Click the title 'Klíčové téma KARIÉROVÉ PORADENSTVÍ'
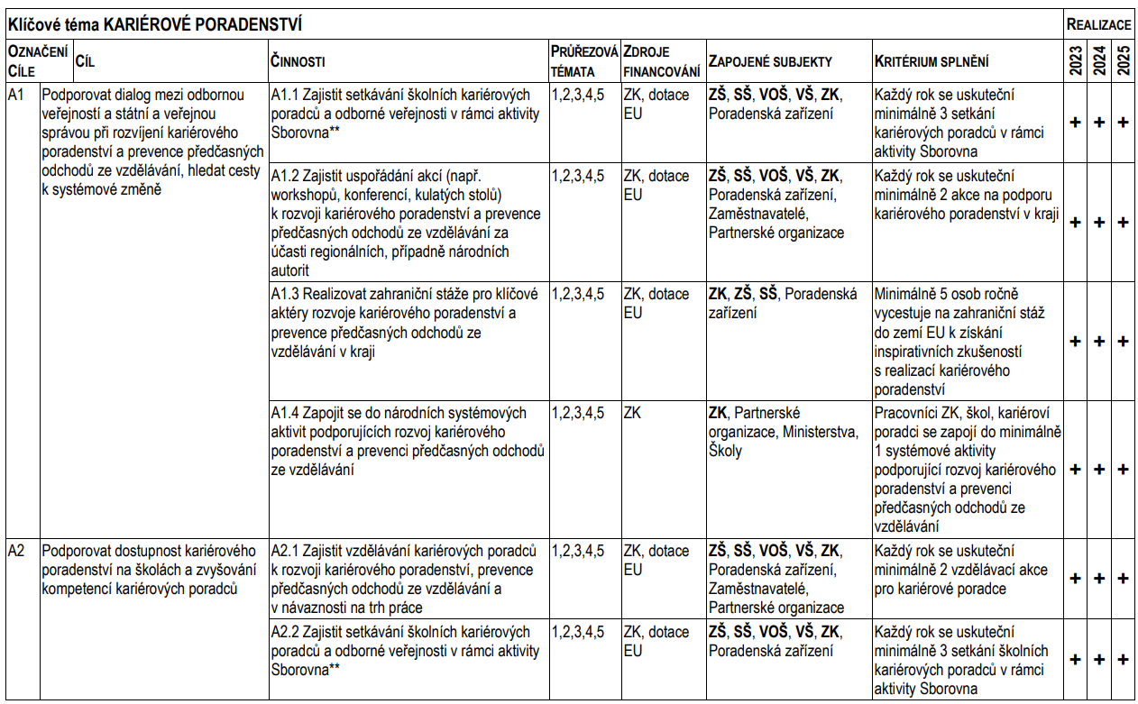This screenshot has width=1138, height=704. [x=154, y=23]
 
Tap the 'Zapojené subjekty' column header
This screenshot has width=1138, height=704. [x=770, y=61]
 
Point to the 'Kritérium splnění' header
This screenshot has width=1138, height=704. [x=931, y=61]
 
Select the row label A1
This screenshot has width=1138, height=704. [x=15, y=94]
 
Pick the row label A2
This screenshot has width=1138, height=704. [x=15, y=550]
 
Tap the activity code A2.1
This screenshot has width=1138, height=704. [x=285, y=550]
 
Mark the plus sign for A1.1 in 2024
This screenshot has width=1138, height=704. [x=1099, y=123]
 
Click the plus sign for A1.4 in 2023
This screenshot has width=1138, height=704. [x=1075, y=469]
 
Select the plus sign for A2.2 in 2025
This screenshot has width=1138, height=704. [x=1123, y=659]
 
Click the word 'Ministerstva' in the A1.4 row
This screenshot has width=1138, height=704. [x=821, y=432]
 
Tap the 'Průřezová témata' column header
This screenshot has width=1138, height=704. [x=583, y=60]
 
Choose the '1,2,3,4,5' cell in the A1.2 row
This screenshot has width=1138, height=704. [x=578, y=175]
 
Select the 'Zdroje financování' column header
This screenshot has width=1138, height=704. [x=661, y=60]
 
